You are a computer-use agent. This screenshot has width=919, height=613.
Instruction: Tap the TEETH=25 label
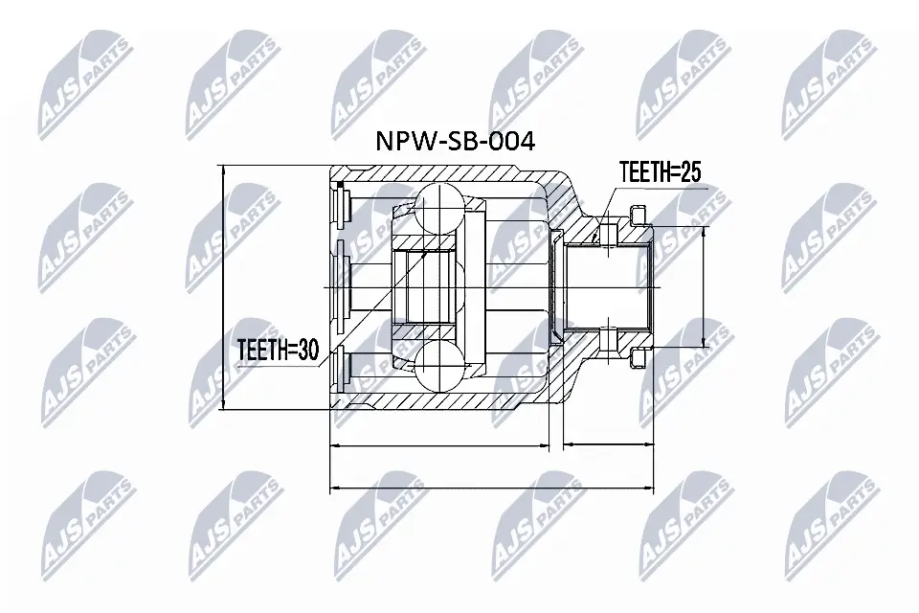[661, 172]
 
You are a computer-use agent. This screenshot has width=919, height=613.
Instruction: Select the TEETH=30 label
[278, 351]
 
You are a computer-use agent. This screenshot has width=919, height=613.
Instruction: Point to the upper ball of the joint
[437, 208]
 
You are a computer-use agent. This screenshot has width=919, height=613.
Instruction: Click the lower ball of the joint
[437, 367]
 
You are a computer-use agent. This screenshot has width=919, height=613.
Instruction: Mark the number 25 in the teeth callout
[690, 172]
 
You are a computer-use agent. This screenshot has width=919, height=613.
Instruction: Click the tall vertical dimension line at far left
[223, 287]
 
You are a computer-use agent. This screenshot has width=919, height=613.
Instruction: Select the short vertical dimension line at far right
[706, 287]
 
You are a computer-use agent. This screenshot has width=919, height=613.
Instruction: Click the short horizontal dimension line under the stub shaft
[608, 445]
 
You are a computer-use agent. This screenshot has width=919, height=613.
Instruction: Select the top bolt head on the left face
[341, 208]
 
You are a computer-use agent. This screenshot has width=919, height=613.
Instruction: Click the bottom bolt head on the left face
[341, 367]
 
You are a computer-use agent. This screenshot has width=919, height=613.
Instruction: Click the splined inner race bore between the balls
[427, 287]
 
